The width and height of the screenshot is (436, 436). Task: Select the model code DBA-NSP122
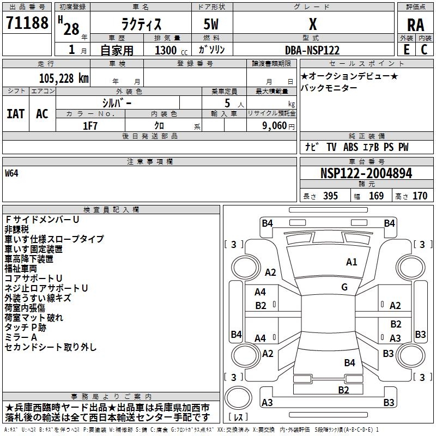pyautogui.click(x=312, y=50)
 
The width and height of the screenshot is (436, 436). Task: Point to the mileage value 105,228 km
pyautogui.click(x=64, y=78)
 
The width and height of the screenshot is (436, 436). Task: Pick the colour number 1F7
pyautogui.click(x=90, y=125)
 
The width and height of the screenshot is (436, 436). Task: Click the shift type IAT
pyautogui.click(x=15, y=113)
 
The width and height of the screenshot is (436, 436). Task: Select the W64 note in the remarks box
pyautogui.click(x=12, y=174)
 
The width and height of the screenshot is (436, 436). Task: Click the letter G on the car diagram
pyautogui.click(x=344, y=287)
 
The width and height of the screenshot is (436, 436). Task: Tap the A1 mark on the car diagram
pyautogui.click(x=352, y=262)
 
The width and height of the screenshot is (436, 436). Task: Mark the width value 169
pyautogui.click(x=376, y=196)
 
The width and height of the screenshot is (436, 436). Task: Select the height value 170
pyautogui.click(x=420, y=196)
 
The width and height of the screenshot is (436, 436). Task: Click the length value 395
pyautogui.click(x=330, y=196)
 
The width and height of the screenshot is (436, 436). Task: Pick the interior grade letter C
pyautogui.click(x=424, y=50)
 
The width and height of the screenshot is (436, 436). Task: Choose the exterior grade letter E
pyautogui.click(x=406, y=50)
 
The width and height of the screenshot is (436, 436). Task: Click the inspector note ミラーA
pyautogui.click(x=21, y=337)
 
